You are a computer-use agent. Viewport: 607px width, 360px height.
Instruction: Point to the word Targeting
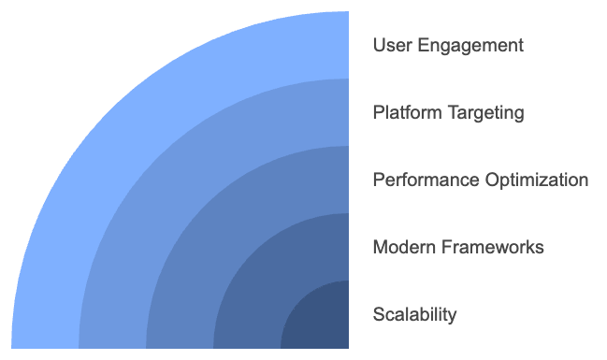coord(483,112)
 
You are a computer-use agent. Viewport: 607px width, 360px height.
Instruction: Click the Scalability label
coord(414,314)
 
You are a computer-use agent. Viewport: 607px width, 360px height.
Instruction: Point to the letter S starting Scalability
coord(378,314)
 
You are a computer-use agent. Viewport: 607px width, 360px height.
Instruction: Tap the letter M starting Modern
coord(380,247)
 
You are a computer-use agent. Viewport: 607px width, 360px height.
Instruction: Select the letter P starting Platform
coord(378,112)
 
